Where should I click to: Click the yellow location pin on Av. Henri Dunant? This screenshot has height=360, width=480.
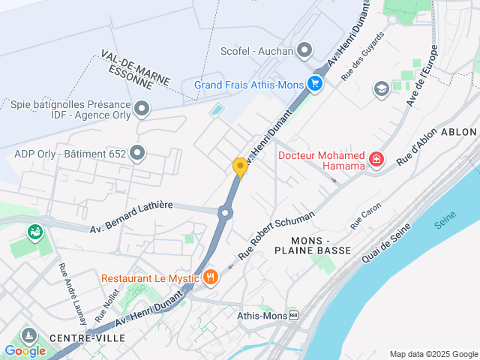240,166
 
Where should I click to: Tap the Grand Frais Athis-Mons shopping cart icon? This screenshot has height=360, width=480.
315,84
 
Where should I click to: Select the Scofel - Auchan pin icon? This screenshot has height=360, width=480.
304,51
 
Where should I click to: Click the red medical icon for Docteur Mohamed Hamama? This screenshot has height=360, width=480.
375,160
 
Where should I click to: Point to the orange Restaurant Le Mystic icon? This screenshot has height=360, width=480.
210,277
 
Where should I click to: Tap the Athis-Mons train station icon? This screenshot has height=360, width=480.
293,316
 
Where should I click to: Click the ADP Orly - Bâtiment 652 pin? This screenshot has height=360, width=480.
136,154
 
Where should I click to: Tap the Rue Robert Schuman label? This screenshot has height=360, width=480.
276,235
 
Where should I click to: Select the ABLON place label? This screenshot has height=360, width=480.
459,131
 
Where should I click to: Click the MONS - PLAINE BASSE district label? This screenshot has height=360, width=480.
321,244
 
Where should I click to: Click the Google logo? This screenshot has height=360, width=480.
25,350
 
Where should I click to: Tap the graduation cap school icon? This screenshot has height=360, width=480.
381,88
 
